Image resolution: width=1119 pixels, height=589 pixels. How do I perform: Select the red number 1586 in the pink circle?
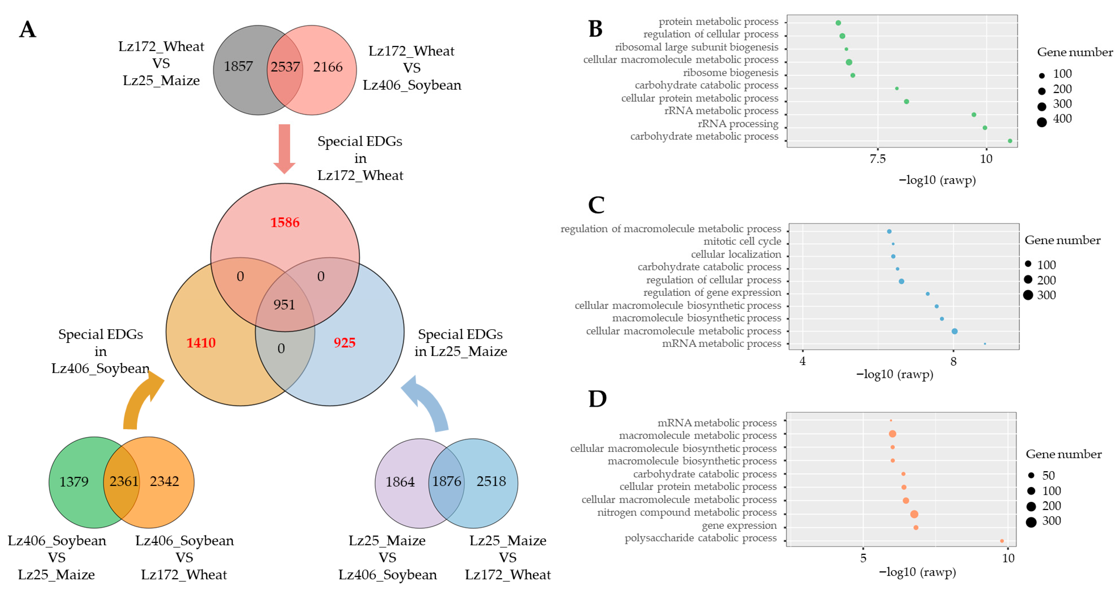pos(285,223)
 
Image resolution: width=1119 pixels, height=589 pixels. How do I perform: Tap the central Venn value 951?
pos(284,305)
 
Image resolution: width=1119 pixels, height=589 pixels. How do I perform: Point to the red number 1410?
pos(201,343)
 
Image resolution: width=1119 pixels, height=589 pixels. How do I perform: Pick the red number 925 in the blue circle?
pos(344,343)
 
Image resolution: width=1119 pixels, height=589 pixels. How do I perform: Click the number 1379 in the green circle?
pos(74,482)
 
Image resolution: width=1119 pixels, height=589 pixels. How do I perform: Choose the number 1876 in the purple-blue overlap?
pos(447,481)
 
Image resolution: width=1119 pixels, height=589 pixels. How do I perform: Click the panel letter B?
pos(596,29)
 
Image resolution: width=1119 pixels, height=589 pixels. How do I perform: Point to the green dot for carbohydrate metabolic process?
pos(1010,141)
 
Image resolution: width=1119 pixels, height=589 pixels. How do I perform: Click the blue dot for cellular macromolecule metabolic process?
pos(954,331)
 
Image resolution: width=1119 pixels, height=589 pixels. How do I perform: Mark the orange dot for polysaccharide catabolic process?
pos(1002,541)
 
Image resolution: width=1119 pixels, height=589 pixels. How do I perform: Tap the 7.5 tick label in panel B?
pos(878,159)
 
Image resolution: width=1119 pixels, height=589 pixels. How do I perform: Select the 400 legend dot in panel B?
pos(1042,122)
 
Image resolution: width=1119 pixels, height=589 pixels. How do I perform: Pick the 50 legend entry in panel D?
pos(1031,476)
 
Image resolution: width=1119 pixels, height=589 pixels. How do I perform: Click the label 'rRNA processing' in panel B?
pos(738,124)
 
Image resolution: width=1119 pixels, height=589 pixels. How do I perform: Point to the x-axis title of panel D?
pos(918,572)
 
